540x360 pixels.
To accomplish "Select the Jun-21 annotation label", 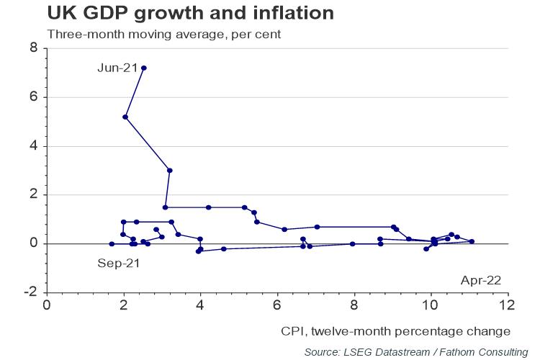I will tap(117, 68).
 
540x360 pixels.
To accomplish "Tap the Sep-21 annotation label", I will tap(117, 263).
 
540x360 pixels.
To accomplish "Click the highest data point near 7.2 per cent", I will tap(144, 68).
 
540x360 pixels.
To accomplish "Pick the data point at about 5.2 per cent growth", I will tap(125, 117).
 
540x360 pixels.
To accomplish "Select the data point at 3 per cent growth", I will tap(170, 171).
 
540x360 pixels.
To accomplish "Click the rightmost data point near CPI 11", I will tap(472, 241).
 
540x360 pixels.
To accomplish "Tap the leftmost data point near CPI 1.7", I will tap(112, 244).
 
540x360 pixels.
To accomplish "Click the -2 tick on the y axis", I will tap(32, 292).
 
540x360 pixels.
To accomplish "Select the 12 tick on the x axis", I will tap(508, 305).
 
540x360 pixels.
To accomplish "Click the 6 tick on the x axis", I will tap(277, 305).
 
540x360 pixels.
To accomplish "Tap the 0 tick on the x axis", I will tap(47, 305).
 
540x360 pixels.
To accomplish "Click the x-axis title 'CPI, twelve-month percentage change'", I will tap(395, 331).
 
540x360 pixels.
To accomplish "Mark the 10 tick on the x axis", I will tap(431, 305).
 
